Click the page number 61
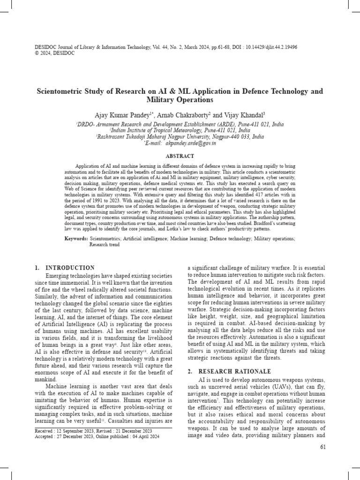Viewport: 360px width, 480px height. click(322, 448)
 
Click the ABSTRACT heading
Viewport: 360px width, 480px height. click(180, 155)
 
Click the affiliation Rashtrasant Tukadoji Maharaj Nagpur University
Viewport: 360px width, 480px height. click(152, 137)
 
